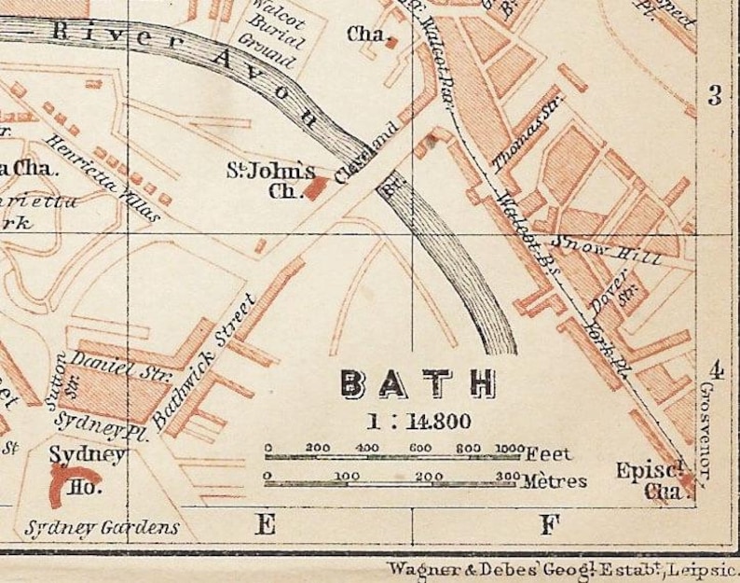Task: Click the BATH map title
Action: coord(418,383)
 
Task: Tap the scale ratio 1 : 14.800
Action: coord(418,420)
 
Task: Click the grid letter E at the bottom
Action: coord(266,525)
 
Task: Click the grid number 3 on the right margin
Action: coord(716,95)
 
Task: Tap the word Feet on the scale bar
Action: coord(547,454)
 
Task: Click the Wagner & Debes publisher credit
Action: coord(559,567)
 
